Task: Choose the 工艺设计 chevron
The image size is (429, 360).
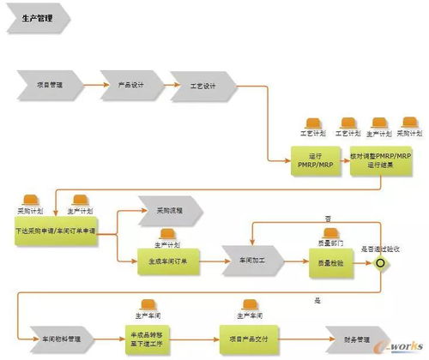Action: pos(202,86)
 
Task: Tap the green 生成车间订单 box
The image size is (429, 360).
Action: pos(168,262)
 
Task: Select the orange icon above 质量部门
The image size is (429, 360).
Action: pos(329,232)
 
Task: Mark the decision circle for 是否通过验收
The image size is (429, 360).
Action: pos(380,262)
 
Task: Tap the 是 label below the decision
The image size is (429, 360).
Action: pos(317,301)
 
